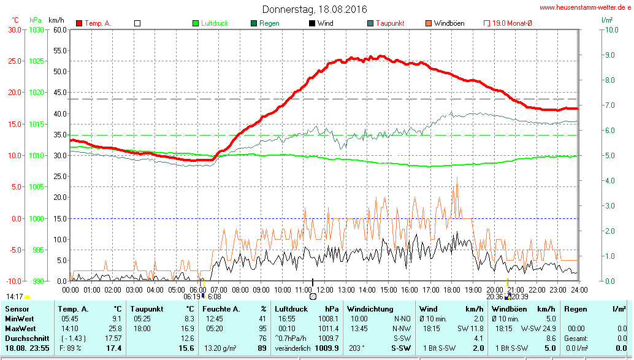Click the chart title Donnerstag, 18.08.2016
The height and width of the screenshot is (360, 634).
click(315, 9)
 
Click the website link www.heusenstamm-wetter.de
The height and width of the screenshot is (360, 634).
click(585, 8)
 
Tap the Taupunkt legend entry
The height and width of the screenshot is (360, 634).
click(389, 23)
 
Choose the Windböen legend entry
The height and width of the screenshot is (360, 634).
click(448, 23)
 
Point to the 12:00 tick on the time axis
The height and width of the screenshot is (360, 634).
click(325, 289)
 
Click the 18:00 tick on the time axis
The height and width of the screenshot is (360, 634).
click(452, 289)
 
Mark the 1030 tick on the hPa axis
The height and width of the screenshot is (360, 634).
click(37, 29)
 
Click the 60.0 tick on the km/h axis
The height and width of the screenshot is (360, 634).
click(59, 29)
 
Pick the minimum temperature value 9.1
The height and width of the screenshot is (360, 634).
click(116, 319)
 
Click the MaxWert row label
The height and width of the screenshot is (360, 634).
click(20, 329)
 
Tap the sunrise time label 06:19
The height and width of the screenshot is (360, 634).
click(193, 296)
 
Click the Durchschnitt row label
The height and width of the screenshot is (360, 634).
click(27, 339)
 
